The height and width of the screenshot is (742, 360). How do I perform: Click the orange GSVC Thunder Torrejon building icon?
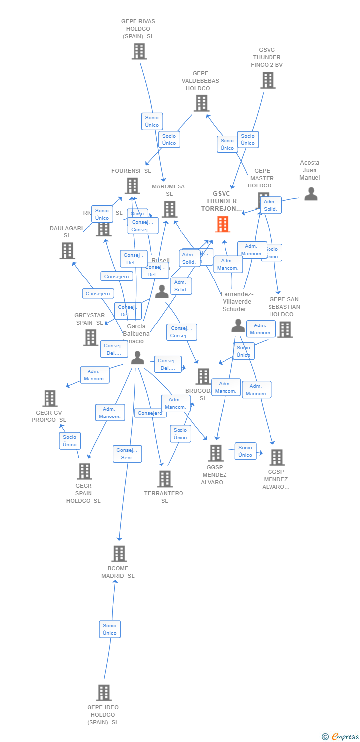(223, 224)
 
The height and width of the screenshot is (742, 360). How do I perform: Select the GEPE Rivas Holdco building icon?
(139, 51)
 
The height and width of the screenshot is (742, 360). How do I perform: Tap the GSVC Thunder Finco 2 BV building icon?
(268, 80)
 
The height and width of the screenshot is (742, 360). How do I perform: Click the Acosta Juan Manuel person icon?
(311, 194)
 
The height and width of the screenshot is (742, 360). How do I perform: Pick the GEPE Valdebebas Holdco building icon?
(201, 103)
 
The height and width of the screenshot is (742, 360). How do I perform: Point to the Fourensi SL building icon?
(132, 186)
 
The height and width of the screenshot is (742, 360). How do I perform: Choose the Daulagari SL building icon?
(67, 251)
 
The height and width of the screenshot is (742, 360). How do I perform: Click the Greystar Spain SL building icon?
(90, 337)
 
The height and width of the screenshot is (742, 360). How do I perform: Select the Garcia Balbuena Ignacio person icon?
(137, 357)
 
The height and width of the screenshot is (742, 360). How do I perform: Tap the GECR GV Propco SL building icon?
(49, 398)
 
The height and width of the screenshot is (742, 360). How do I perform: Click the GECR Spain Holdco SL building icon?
(85, 471)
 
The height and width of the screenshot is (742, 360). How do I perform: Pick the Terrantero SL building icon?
(165, 479)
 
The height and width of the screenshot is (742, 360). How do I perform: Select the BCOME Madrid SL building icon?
(119, 554)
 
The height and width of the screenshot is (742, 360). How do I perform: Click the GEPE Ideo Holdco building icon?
(104, 693)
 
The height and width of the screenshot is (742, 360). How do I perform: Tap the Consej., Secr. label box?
(128, 454)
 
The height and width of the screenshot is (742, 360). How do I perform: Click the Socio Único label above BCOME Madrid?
(110, 629)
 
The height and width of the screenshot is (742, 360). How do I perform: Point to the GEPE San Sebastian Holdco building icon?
(285, 329)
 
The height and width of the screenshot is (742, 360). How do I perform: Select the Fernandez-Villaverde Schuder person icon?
(238, 325)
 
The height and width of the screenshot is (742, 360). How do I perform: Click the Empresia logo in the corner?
(341, 737)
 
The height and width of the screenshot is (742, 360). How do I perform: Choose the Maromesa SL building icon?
(169, 209)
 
